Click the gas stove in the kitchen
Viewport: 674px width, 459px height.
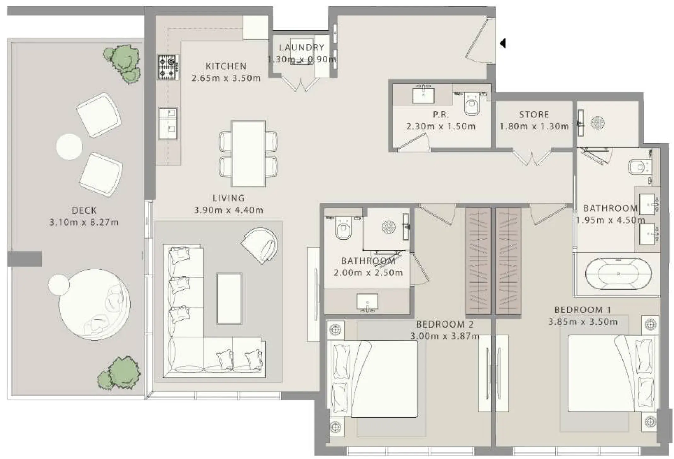(168, 67)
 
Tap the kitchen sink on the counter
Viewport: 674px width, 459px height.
(168, 123)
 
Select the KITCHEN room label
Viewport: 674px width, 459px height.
(226, 66)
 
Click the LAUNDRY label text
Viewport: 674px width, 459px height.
(301, 48)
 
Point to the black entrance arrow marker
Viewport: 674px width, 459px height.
(503, 43)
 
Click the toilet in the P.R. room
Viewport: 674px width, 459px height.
(471, 106)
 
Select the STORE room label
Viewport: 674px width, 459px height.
(534, 114)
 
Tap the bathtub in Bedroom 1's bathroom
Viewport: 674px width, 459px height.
(618, 274)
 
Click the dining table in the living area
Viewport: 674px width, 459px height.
(248, 154)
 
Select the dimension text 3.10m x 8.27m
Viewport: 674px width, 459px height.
(84, 222)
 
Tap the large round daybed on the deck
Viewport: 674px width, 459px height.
(94, 304)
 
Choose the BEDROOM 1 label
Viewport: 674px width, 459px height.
(583, 310)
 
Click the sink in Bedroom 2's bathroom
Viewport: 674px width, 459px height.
(367, 303)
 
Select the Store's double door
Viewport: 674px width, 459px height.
(532, 157)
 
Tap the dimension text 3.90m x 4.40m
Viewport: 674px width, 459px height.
(228, 210)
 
